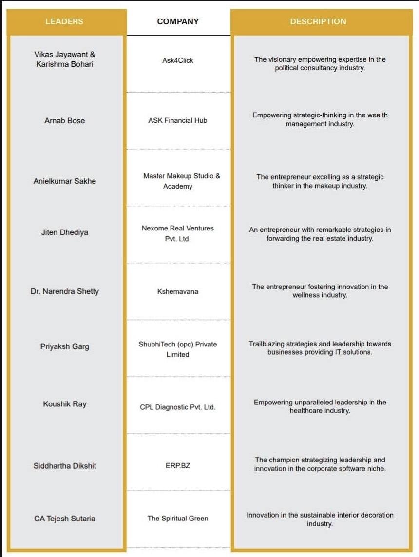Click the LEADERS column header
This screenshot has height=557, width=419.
coord(64,22)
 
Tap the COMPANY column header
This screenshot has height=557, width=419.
coord(178,22)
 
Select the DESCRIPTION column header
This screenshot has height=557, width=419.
coord(318,22)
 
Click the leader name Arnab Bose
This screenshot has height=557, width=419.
coord(65,120)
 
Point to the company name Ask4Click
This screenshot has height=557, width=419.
coord(178,60)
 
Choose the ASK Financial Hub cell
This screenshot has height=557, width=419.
coord(178,120)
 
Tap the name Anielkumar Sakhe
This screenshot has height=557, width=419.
coord(65,181)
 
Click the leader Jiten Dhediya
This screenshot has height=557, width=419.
coord(65,232)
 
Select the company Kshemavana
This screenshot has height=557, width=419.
coord(178,291)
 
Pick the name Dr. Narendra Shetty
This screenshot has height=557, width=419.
coord(65,291)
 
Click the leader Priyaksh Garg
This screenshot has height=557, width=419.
coord(65,347)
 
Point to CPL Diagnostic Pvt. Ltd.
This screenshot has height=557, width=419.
coord(178,407)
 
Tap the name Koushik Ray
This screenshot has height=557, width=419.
coord(65,404)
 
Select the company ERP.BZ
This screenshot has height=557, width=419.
coord(178,466)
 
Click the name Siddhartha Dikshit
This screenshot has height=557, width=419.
coord(65,466)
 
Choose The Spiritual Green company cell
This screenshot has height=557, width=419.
coord(178,519)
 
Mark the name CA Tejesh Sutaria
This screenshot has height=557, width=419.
coord(65,519)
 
